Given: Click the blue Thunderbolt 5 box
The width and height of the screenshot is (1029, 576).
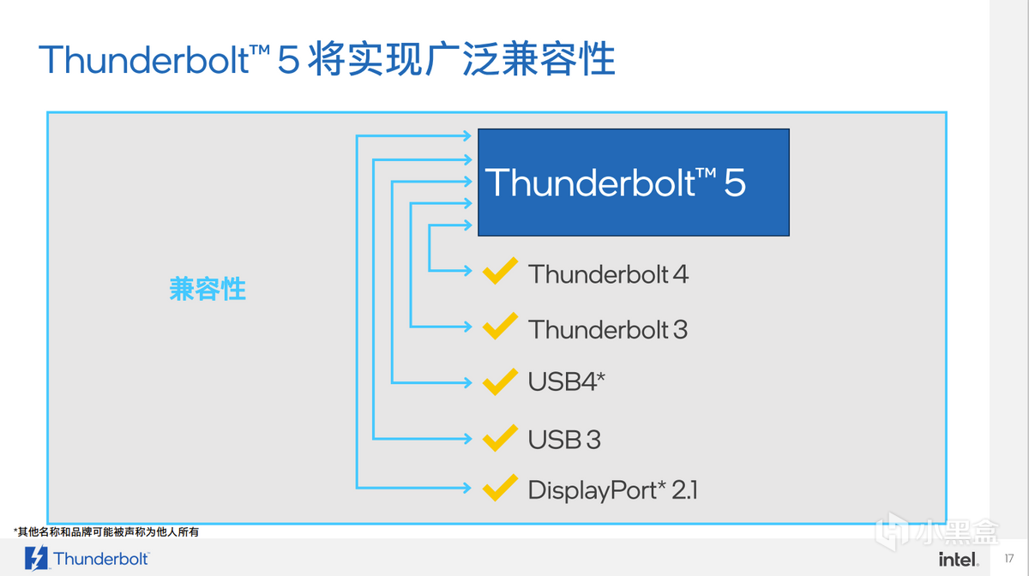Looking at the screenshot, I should (x=633, y=183).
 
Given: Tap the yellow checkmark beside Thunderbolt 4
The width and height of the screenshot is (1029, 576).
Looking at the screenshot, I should (x=499, y=272).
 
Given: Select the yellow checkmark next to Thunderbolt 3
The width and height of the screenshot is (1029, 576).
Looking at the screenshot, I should (x=499, y=327).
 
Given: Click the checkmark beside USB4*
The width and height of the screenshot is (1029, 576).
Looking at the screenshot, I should (x=499, y=381).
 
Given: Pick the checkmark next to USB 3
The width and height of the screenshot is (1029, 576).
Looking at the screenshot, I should (x=499, y=437).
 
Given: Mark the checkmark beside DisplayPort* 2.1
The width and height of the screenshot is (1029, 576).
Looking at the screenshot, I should (x=499, y=488).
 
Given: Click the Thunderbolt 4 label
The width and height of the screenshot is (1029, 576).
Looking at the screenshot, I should (x=608, y=274).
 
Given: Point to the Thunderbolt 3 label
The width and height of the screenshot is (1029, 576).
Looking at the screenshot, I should (x=607, y=329).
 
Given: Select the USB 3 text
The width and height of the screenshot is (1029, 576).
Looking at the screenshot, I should (x=563, y=440).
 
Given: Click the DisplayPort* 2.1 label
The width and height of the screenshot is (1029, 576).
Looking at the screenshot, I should (x=612, y=490).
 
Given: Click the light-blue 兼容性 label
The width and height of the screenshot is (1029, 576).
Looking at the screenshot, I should (x=208, y=289).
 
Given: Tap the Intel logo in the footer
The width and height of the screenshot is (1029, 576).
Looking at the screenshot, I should (x=959, y=559).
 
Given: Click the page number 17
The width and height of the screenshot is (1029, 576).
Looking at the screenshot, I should (x=1008, y=559).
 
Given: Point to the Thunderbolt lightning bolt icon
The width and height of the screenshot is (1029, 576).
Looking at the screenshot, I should (x=37, y=558).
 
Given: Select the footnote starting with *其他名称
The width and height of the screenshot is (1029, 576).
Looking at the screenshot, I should (x=106, y=532).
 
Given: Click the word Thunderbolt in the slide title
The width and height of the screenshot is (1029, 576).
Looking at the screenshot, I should (x=142, y=60).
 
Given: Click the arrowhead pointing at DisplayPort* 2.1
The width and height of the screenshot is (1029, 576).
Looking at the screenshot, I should (x=467, y=488).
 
